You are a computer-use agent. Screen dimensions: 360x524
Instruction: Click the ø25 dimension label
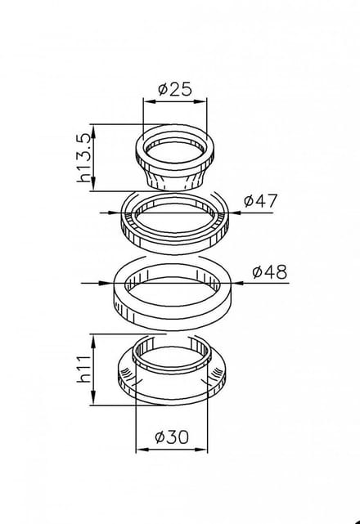(175, 89)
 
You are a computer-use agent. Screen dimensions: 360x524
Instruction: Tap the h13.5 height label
(83, 158)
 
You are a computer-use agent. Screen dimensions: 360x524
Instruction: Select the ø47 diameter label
(261, 201)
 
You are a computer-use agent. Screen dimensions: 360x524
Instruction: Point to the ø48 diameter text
(270, 272)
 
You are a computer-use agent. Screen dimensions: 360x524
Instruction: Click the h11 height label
(83, 369)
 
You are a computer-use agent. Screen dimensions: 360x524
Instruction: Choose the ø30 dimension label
(172, 437)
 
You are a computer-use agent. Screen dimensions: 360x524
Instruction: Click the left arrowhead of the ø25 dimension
(149, 101)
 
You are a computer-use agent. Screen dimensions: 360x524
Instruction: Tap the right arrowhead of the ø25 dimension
(201, 101)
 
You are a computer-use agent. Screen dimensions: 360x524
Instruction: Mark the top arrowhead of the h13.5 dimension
(93, 130)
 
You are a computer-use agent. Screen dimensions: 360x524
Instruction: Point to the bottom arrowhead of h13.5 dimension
(93, 186)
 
